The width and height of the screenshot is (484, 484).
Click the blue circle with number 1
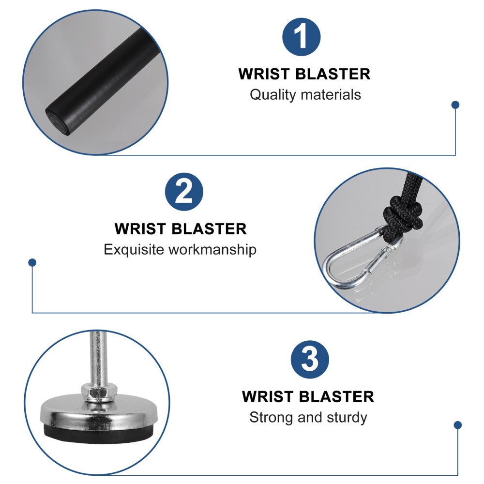click(x=301, y=37)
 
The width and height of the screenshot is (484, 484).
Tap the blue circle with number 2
click(x=184, y=192)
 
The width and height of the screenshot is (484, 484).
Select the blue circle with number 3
click(x=310, y=360)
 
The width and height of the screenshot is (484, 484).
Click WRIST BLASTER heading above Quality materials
click(x=304, y=74)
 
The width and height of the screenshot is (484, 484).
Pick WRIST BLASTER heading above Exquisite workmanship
click(x=181, y=229)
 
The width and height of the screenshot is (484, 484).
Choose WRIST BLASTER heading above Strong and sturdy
click(x=308, y=397)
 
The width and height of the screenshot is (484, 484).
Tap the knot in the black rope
click(x=403, y=213)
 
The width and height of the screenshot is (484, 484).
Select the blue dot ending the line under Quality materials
click(x=455, y=105)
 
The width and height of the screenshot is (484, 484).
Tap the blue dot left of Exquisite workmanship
click(x=32, y=262)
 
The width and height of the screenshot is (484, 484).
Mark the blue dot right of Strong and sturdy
click(x=458, y=425)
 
